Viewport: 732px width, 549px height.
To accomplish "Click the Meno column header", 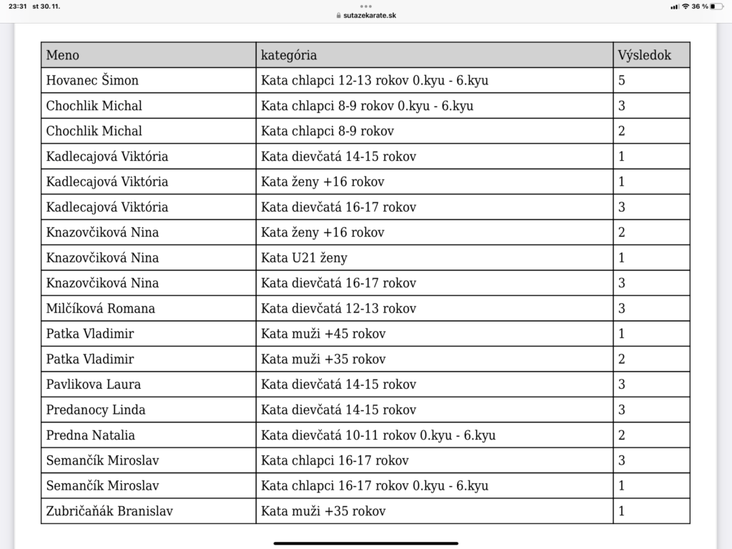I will point(63,55).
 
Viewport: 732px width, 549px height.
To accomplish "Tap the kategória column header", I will point(289,55).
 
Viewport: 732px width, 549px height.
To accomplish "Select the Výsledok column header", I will point(644,55).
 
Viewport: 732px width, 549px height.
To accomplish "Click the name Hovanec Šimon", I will point(92,80).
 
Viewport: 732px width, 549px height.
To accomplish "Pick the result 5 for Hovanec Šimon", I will point(622,80).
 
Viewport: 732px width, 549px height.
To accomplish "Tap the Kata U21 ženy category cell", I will point(304,257).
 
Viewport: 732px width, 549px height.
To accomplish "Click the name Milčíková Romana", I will point(101,308).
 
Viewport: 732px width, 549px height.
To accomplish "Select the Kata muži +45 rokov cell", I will point(323,334).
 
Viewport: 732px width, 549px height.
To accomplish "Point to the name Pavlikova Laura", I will point(94,385).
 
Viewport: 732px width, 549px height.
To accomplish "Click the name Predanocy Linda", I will point(96,410).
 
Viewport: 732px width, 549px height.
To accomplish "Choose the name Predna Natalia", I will point(91,435).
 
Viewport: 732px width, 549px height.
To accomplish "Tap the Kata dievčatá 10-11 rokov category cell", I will point(378,435).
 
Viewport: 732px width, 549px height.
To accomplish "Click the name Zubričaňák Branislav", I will point(109,511).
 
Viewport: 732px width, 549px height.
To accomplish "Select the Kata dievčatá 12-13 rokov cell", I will point(338,308).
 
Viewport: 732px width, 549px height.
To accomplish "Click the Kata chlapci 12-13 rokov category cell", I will point(375,80).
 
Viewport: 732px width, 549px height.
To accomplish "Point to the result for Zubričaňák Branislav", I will point(622,511).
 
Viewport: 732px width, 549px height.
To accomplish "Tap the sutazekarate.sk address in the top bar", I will point(365,15).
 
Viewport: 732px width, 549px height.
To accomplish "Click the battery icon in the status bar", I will point(717,6).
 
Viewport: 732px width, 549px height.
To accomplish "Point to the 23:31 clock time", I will point(16,6).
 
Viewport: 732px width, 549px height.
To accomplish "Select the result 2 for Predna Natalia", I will point(622,435).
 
